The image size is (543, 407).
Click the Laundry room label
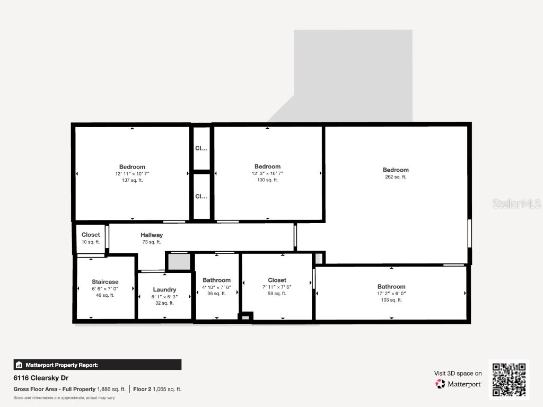[164, 289]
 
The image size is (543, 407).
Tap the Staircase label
[105, 281]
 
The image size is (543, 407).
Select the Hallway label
[152, 235]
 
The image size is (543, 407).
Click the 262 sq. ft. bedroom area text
[396, 177]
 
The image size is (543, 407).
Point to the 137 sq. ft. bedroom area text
[132, 180]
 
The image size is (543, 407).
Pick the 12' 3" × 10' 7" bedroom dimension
[267, 173]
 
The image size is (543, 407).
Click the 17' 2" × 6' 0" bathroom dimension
[391, 293]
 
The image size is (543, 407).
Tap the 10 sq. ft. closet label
[91, 242]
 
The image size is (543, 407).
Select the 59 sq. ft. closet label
[277, 293]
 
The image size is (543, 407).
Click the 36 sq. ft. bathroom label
[216, 293]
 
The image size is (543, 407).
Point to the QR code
[509, 379]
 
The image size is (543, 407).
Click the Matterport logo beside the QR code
[459, 384]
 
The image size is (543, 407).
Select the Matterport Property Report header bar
[98, 365]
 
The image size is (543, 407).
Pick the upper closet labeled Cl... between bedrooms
[201, 148]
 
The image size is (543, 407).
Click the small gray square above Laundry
[179, 262]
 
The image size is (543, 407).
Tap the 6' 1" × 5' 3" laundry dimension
[164, 297]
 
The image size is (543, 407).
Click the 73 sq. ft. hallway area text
[152, 242]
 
